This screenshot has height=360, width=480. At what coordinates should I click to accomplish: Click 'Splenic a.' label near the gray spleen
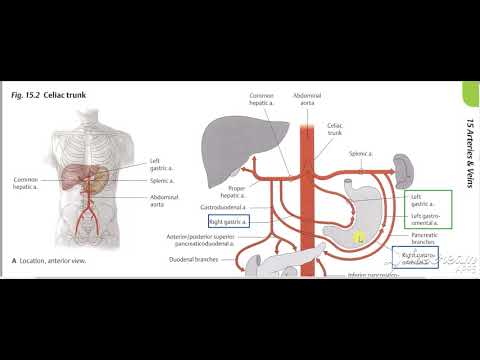(361, 154)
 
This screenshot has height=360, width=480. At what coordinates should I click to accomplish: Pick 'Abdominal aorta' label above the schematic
(306, 98)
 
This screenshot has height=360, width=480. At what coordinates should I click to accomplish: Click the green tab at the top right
(470, 96)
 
